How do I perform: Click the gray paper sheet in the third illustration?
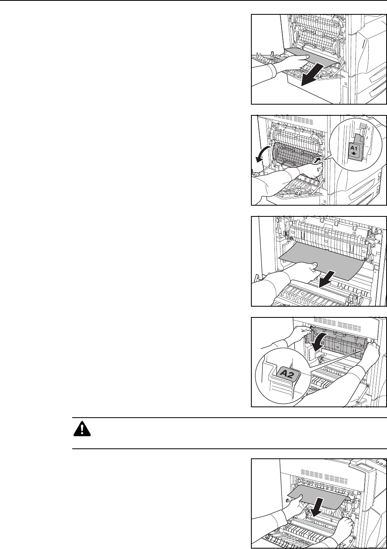click(x=319, y=260)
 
